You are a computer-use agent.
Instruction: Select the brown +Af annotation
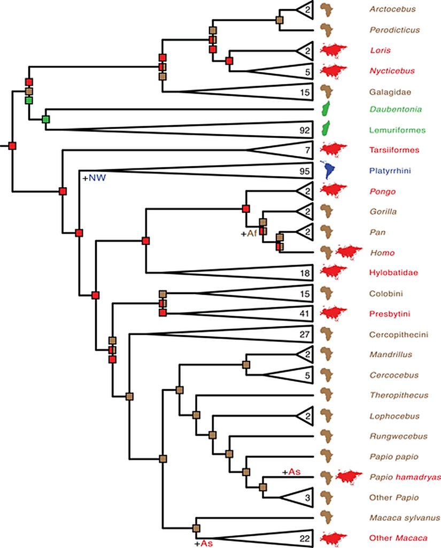[x=249, y=233]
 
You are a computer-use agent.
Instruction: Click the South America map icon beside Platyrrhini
[x=327, y=170]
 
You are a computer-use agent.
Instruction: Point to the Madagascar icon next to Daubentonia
[x=324, y=109]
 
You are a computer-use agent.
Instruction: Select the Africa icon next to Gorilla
[x=326, y=211]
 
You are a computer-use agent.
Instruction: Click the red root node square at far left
[x=12, y=145]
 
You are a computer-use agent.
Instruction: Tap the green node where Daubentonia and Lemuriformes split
[x=46, y=119]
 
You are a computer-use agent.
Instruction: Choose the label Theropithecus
[x=398, y=396]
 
